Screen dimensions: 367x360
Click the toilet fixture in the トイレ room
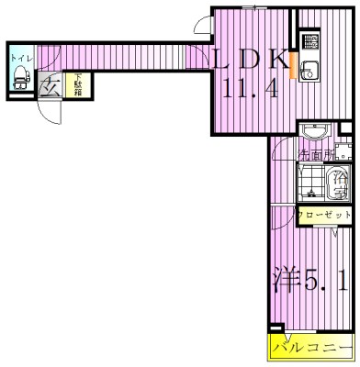[x=19, y=79]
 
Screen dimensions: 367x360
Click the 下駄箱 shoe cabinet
[x=80, y=85]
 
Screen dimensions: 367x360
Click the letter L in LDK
[x=222, y=59]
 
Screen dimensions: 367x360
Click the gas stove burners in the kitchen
[x=310, y=41]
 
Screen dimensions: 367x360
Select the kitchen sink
[x=309, y=68]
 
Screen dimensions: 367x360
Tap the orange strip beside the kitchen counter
[x=293, y=67]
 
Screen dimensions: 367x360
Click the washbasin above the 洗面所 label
[x=313, y=130]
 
